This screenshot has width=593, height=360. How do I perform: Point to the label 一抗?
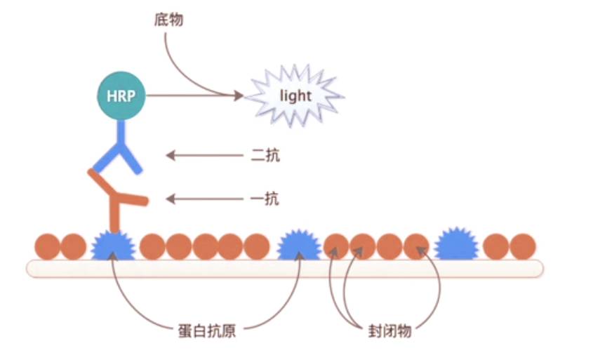pos(265,199)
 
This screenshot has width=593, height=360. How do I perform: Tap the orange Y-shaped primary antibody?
pos(116,199)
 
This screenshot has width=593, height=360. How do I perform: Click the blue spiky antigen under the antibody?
pos(112,246)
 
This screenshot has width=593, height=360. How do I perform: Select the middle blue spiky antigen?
pos(299,246)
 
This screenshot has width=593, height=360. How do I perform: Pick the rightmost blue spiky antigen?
pos(456,246)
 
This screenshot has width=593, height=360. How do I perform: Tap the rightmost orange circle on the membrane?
pos(522,246)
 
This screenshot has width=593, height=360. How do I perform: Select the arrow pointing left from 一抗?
pos(204,199)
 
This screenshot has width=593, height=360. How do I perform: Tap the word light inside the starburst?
pos(295,96)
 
